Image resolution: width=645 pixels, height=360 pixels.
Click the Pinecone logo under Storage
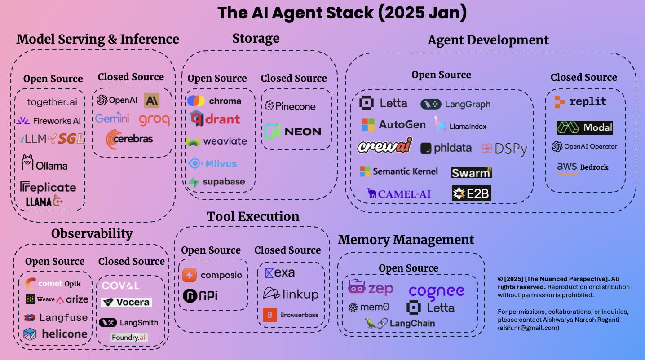290,106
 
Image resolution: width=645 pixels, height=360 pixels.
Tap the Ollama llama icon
27,162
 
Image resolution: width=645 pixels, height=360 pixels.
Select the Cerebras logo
129,139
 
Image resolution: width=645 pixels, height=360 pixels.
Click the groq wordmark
154,119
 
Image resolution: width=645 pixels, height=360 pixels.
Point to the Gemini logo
112,118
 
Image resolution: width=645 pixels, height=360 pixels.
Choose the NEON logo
292,132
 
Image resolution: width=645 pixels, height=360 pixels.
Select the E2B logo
471,193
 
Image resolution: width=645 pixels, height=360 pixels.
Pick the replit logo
580,102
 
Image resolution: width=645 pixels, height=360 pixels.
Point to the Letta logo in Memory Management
430,308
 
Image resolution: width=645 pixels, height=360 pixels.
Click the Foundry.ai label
129,337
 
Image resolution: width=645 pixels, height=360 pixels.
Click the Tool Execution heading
253,216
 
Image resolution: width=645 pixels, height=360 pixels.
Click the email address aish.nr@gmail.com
528,328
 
